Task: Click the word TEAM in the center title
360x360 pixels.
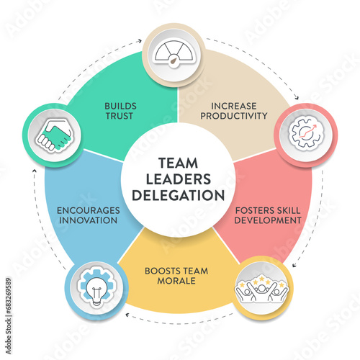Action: pos(179,163)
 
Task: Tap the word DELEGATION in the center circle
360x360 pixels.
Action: pos(179,195)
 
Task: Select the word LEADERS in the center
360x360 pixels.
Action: pos(179,179)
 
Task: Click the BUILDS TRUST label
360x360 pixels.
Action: pos(120,111)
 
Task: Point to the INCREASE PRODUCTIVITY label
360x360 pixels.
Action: pos(234,111)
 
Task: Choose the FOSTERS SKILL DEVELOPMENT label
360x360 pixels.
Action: pos(268,215)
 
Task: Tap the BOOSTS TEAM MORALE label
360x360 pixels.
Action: pos(176,276)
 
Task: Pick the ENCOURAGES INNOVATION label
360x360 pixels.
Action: pos(89,215)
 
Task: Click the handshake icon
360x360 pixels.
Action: pos(54,136)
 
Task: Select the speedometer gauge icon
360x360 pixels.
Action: pos(174,54)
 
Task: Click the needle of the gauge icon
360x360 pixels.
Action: pos(174,61)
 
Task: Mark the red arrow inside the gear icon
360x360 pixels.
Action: pos(308,131)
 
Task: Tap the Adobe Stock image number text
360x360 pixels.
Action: pos(9,316)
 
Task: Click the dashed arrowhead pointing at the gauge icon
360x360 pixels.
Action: pos(140,41)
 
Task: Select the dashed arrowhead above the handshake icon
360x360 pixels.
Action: pos(35,171)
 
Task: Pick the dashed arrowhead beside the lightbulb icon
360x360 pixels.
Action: pos(128,315)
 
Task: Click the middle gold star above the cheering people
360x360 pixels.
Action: pos(262,278)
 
